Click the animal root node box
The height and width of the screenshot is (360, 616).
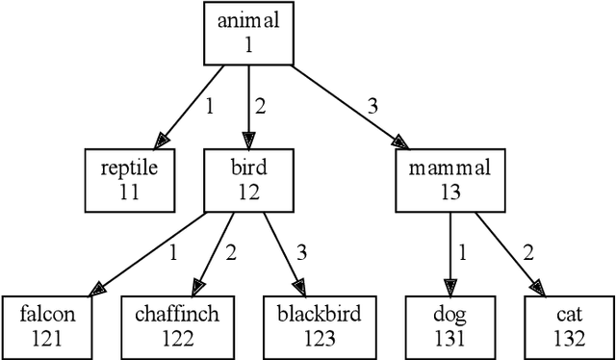pos(248,33)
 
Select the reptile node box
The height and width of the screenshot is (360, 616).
pos(129,179)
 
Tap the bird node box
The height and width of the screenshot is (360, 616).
pos(248,179)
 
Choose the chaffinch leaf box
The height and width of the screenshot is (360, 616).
pos(178,325)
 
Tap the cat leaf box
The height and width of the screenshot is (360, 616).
pos(568,325)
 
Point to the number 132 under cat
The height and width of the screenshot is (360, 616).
pos(568,338)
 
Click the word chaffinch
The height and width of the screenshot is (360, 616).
pos(178,314)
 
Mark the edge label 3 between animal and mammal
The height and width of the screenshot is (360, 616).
pos(370,106)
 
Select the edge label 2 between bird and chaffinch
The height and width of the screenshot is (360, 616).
pos(230,253)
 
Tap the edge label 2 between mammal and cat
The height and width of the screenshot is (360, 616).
pos(526,253)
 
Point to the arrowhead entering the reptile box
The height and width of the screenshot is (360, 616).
pos(161,142)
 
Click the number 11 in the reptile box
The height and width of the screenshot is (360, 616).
pos(129,192)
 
